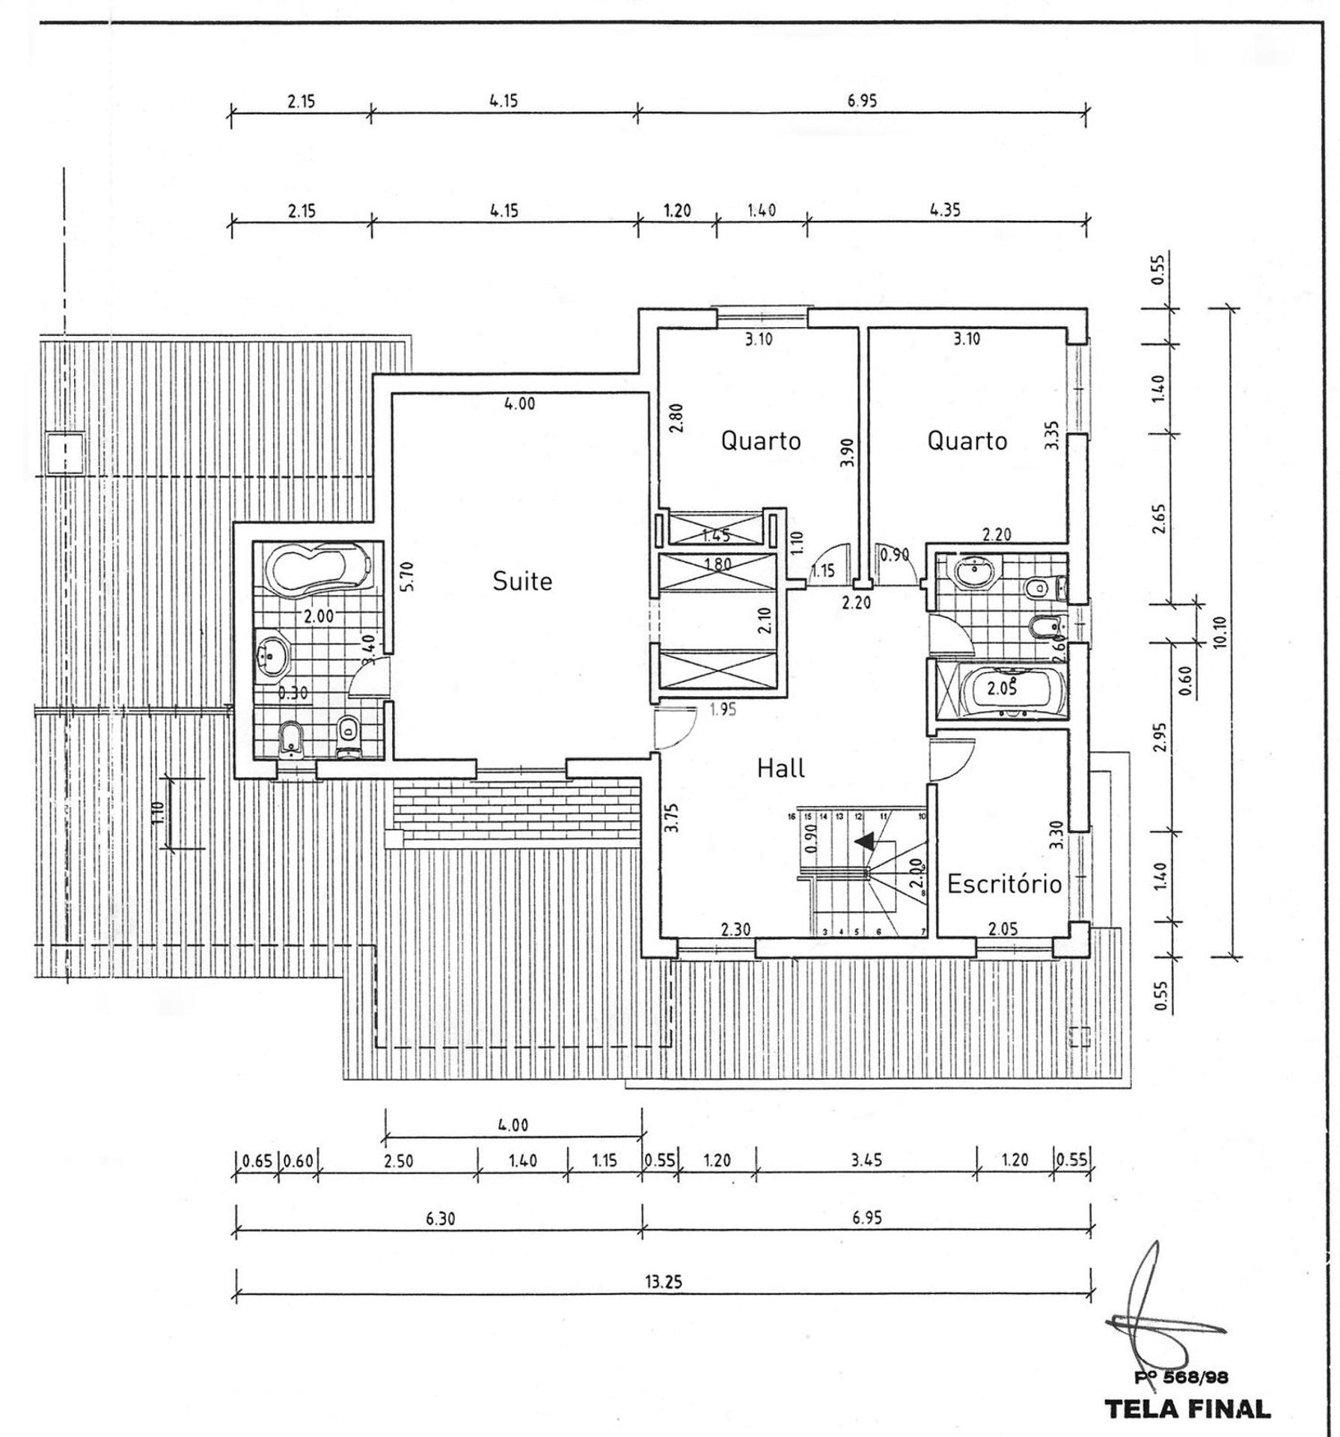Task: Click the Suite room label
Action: (521, 581)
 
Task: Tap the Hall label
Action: (780, 768)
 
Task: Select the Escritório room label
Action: (1004, 884)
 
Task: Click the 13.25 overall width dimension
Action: (663, 1281)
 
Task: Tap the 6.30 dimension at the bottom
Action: (441, 1218)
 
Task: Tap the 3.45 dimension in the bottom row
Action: (866, 1160)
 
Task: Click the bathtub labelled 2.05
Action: (1000, 689)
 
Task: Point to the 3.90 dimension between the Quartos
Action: (847, 453)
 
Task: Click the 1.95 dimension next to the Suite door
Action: (723, 710)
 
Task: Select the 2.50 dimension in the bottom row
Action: (398, 1162)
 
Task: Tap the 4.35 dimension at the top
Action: (945, 210)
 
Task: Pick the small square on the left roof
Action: (66, 453)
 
